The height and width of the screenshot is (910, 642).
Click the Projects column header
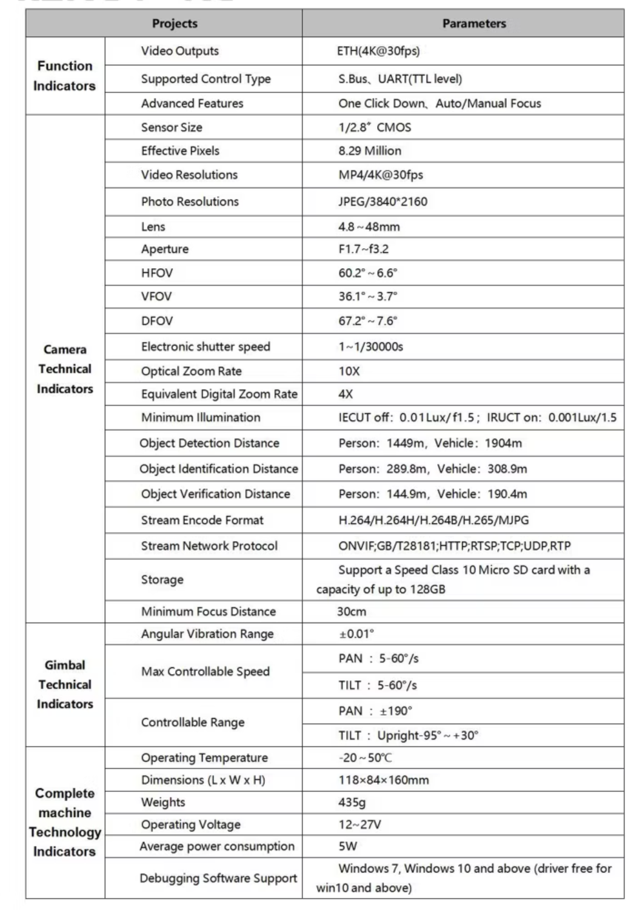[x=175, y=24]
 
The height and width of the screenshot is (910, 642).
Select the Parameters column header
[x=473, y=24]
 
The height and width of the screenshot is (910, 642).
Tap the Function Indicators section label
[x=64, y=76]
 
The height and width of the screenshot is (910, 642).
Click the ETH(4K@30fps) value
[x=378, y=51]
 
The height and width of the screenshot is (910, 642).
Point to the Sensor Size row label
[x=172, y=127]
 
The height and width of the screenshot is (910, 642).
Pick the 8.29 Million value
[x=370, y=151]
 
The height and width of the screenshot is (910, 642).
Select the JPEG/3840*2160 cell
[x=383, y=201]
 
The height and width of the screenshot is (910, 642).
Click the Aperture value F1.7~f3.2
[x=363, y=249]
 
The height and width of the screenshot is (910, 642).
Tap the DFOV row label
[x=157, y=321]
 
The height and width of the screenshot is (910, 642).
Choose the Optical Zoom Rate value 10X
[x=349, y=371]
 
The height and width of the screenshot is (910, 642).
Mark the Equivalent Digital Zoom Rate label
[x=219, y=394]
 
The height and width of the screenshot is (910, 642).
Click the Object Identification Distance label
[x=218, y=469]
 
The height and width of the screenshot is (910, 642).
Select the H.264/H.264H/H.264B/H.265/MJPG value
[x=433, y=521]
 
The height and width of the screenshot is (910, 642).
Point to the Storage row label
[x=162, y=580]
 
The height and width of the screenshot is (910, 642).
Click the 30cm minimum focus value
[x=352, y=612]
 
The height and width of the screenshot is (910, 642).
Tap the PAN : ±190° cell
[x=375, y=711]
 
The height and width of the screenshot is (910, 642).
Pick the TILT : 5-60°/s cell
[x=378, y=686]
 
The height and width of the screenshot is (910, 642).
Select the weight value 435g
[x=352, y=803]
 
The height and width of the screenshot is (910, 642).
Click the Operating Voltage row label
[x=190, y=824]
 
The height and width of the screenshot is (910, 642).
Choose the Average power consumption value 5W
[x=348, y=846]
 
